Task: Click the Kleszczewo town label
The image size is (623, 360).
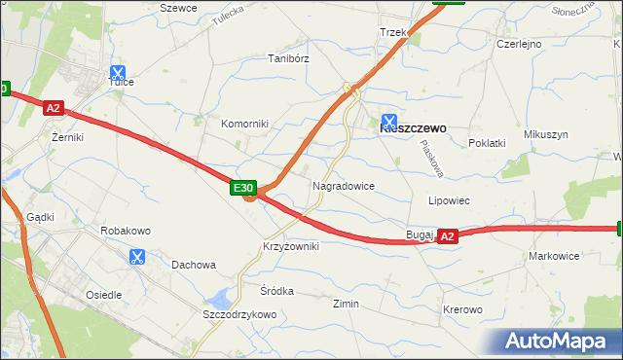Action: (412, 127)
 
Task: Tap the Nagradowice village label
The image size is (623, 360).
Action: (344, 185)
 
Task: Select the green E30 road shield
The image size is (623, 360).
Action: (243, 187)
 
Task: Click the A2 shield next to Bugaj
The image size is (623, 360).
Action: (447, 235)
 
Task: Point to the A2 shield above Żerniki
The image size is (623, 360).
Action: (54, 110)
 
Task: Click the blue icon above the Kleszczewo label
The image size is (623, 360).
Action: (389, 122)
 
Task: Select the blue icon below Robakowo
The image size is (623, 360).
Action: (136, 257)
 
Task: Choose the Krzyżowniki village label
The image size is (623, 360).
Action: (290, 247)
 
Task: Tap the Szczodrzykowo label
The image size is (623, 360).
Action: (239, 315)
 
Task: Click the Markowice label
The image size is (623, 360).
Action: (554, 256)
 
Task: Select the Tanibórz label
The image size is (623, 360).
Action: (288, 58)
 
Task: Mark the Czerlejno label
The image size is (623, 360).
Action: (519, 44)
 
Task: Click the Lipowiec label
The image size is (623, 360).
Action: (450, 200)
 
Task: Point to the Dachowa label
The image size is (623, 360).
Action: (193, 265)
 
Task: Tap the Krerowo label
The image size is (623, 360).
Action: (462, 309)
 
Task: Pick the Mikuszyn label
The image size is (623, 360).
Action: (545, 134)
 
